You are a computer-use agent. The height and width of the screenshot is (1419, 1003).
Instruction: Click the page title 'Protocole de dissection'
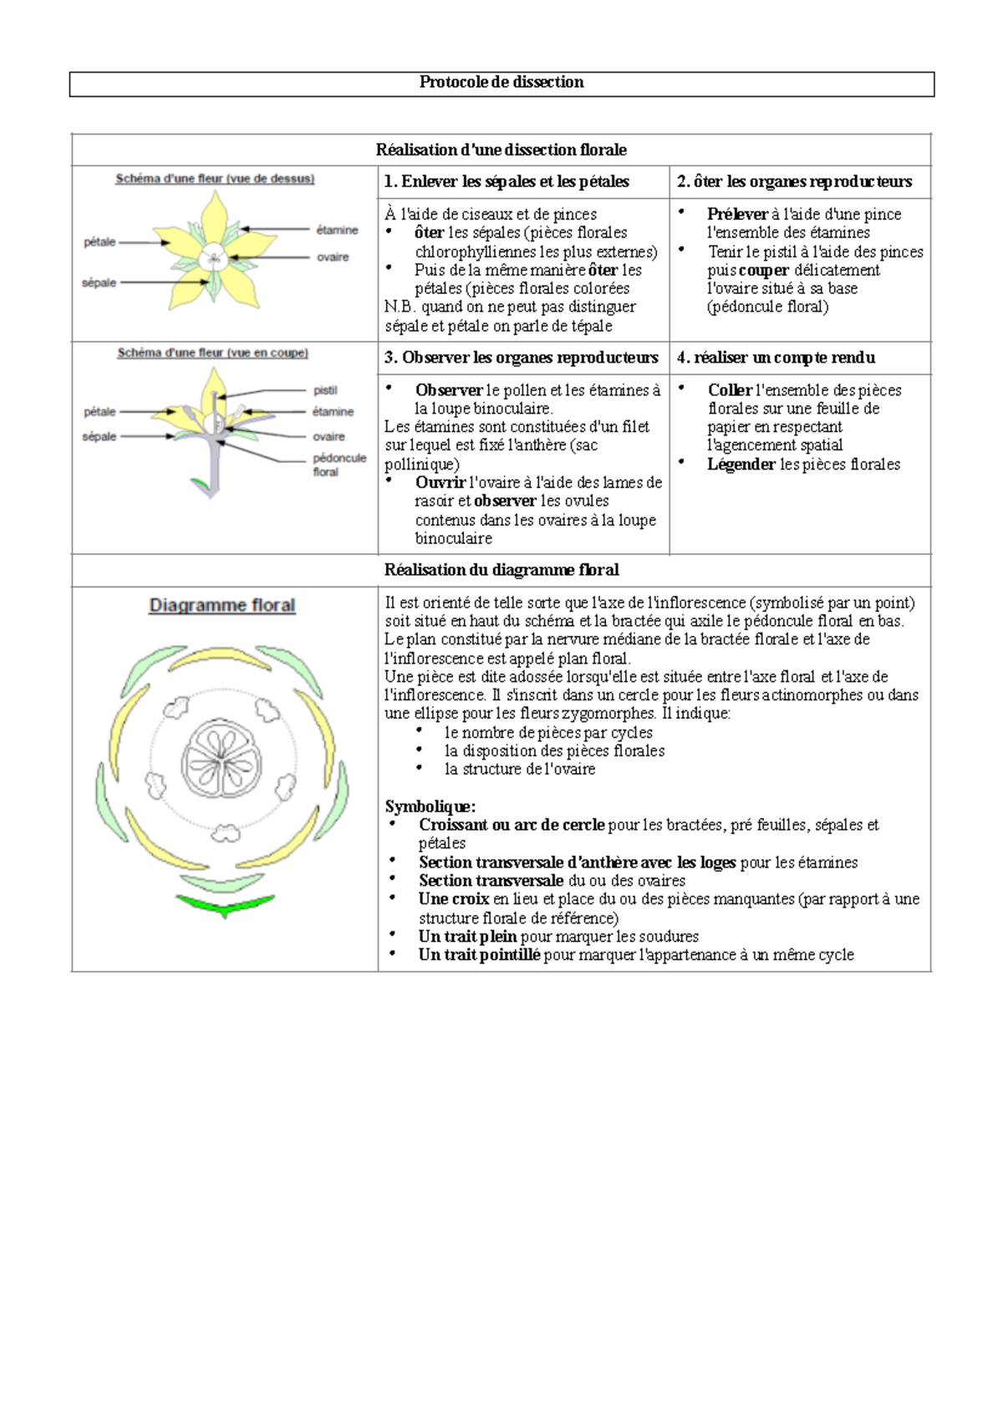(x=501, y=82)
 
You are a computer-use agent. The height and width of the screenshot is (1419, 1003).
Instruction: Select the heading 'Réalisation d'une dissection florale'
(x=501, y=150)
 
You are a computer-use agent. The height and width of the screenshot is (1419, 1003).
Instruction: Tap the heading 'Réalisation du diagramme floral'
(x=501, y=570)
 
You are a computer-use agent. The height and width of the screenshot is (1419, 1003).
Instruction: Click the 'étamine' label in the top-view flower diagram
(x=337, y=230)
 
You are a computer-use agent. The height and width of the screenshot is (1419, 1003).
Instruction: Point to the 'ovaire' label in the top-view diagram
(x=332, y=257)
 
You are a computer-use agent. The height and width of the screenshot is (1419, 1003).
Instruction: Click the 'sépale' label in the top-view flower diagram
(x=99, y=282)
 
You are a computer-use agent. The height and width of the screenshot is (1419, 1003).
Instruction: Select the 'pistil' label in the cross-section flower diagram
(x=325, y=390)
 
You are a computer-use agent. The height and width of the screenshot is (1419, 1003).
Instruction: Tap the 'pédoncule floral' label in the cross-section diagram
(x=339, y=465)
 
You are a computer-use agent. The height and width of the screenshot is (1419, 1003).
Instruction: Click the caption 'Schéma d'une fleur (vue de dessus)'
(x=215, y=178)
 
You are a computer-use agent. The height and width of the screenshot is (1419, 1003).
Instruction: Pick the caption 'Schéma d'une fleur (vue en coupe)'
(x=212, y=353)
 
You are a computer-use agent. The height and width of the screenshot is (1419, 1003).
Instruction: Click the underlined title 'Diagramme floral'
(x=222, y=605)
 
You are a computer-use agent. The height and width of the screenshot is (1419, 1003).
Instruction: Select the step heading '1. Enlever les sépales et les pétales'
(x=507, y=181)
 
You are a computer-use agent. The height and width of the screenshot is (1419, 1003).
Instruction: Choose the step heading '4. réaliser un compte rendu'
(x=776, y=358)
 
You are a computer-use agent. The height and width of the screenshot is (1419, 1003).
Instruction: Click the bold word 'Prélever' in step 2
(x=736, y=214)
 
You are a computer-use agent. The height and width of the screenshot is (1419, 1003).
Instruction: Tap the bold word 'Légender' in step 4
(x=741, y=464)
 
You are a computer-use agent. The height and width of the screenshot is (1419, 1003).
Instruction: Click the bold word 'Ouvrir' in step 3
(x=440, y=482)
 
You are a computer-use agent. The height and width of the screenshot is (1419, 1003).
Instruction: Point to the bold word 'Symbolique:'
(x=430, y=806)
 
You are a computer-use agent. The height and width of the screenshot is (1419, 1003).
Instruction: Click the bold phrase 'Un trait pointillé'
(x=479, y=954)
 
